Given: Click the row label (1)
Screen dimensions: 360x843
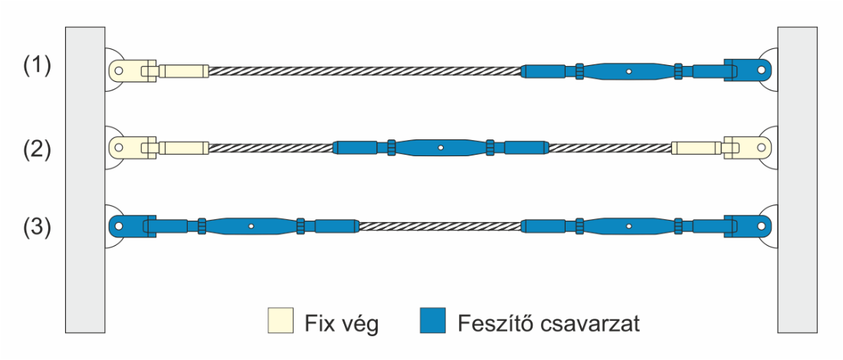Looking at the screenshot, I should coord(36,67).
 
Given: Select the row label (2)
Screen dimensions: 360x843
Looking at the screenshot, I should coord(36,148).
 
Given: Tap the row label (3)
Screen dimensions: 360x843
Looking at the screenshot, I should coord(36,227).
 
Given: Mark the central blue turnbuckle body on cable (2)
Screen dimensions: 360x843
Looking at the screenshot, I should coord(441,147).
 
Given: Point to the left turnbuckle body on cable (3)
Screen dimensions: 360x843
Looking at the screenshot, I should coord(251,226).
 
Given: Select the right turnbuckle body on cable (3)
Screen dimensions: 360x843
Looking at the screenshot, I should coord(628,226).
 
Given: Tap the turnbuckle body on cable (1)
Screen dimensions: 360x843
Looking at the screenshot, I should coord(628,71).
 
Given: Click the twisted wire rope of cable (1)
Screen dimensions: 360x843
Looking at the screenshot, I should coord(364,71).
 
